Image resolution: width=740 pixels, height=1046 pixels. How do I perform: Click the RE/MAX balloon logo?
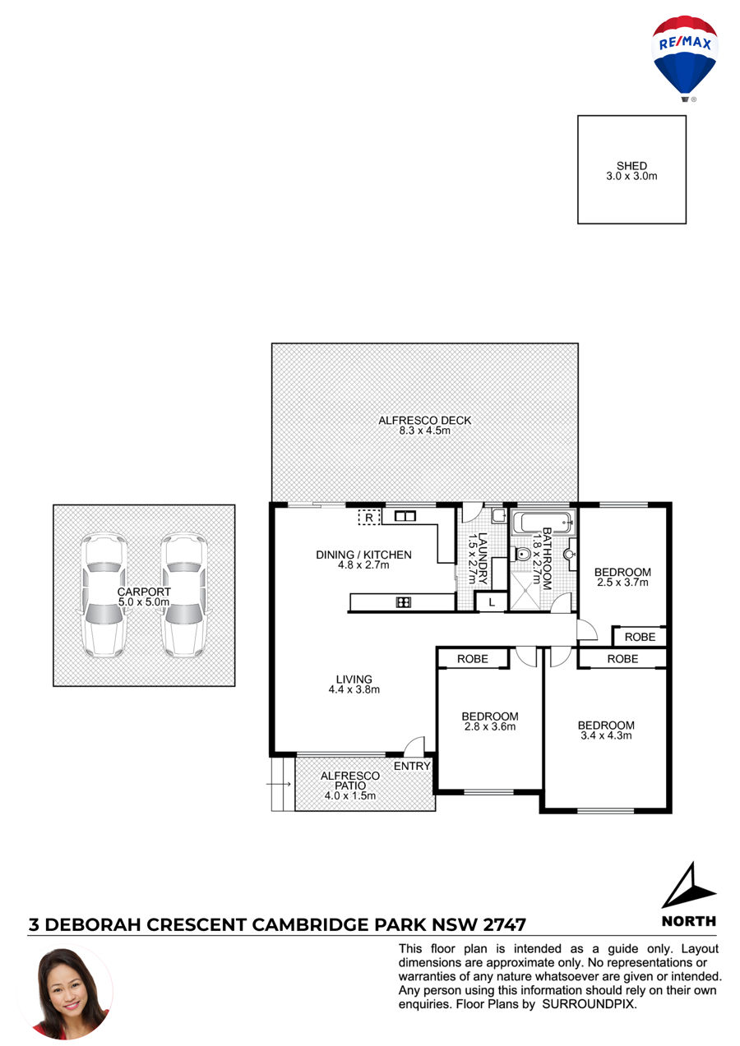684,58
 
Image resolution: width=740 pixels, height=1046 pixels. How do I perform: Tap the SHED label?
631,166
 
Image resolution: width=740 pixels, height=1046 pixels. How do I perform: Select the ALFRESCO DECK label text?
424,420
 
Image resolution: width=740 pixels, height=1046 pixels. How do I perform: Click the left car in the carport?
104,595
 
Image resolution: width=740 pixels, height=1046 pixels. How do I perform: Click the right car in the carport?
183,595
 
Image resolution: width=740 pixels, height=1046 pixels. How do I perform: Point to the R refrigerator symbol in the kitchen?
369,517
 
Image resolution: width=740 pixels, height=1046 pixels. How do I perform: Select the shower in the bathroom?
526,590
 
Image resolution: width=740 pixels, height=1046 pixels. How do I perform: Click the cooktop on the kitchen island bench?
403,602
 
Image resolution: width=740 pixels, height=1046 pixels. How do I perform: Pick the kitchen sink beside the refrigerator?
405,516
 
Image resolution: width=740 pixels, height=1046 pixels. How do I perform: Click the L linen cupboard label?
492,602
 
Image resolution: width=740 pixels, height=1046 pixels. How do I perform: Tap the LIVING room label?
354,679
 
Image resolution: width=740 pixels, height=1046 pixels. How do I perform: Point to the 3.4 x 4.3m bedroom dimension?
606,735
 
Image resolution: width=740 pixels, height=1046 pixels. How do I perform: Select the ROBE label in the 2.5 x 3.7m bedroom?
640,637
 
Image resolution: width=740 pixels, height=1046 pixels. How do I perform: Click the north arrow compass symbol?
688,886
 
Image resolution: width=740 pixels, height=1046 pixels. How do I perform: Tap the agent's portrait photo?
69,993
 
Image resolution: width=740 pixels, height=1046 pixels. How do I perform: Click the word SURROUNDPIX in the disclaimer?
589,1004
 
